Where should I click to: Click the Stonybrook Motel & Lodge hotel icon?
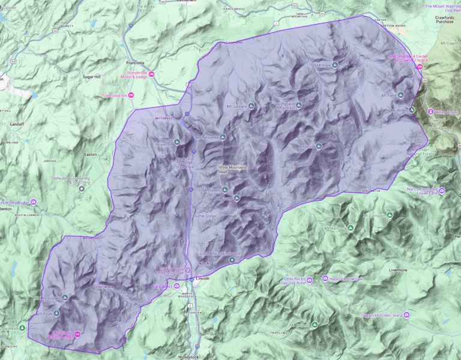point(151,74)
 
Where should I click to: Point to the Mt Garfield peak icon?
point(252,106)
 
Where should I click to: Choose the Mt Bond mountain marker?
point(319,146)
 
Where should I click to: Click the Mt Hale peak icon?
point(335,65)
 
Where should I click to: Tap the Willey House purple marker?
point(430,112)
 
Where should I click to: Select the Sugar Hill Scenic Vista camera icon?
point(407,315)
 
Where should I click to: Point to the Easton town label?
point(91,154)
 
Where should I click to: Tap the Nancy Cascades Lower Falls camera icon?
point(442,191)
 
